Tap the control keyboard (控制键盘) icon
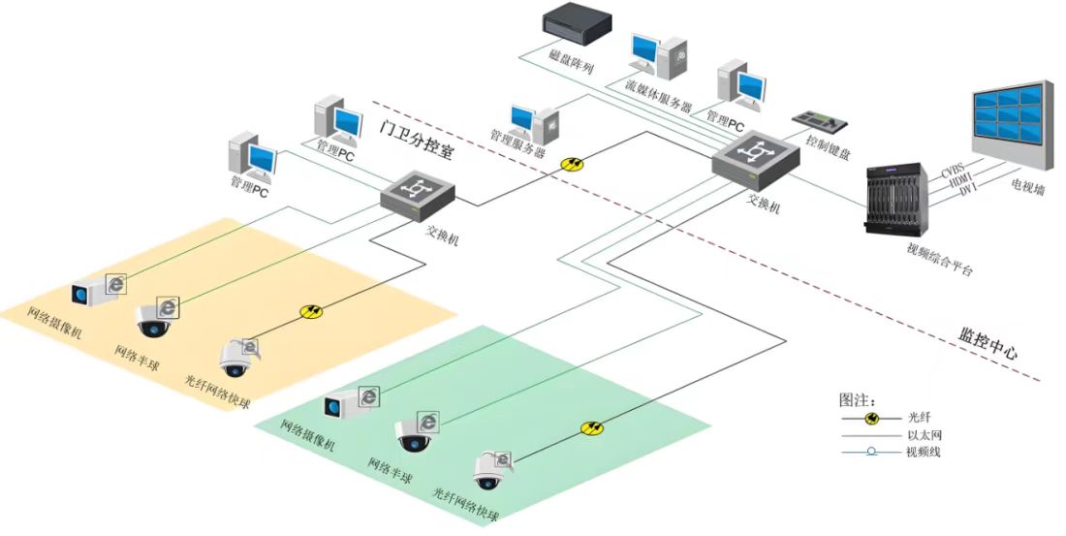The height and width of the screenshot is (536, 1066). [x=821, y=121]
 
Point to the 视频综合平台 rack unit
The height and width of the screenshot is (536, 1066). [x=897, y=199]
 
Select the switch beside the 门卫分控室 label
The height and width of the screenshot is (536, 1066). [x=418, y=193]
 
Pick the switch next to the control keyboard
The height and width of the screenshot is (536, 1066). [x=754, y=161]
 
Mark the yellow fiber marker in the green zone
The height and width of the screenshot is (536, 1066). [x=592, y=427]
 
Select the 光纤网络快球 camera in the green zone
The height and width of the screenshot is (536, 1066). [x=489, y=471]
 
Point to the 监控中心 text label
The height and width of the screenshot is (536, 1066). [x=982, y=345]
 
